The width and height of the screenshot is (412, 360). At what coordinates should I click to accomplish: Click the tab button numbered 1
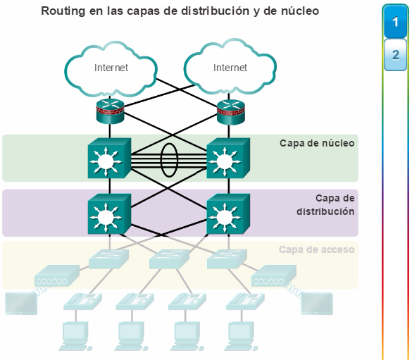point(395,22)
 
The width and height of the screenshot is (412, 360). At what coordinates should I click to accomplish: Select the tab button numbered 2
point(395,55)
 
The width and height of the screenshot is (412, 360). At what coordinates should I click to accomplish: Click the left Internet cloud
point(111,68)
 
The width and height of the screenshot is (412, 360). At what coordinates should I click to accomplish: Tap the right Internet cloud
point(230,66)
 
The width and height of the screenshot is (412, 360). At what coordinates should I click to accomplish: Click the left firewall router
point(110,111)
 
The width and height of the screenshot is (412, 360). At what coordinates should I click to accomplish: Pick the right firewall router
point(231,111)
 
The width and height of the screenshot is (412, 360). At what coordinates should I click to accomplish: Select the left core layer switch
point(109,159)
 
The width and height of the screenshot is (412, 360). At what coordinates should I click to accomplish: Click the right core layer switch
point(228,159)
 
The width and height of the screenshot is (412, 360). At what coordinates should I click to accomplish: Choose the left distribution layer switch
point(109,214)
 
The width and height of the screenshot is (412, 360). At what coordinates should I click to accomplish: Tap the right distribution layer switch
point(228,214)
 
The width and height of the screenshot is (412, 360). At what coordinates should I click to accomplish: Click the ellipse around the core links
point(161,160)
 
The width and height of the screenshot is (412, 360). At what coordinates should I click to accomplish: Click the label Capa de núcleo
point(317,143)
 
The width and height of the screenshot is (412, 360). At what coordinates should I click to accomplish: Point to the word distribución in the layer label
point(325,211)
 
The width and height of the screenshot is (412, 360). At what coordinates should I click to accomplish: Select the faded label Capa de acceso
point(317,249)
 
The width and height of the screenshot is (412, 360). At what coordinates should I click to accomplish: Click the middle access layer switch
point(169,259)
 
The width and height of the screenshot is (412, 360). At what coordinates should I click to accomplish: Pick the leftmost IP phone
point(83,301)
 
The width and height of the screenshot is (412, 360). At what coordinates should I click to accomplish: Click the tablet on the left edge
point(21,304)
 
